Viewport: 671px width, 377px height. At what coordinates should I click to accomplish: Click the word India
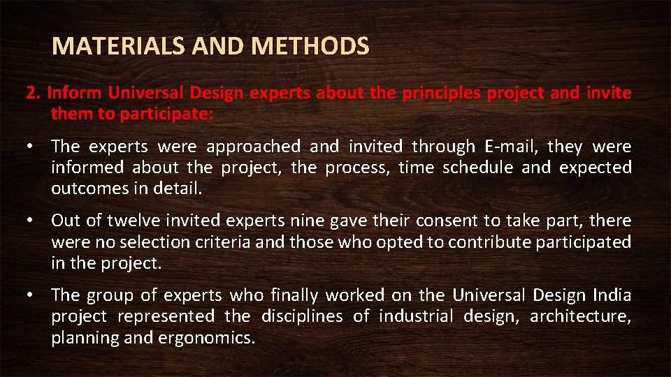point(612,295)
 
